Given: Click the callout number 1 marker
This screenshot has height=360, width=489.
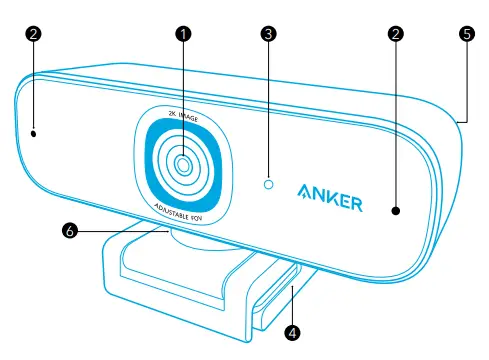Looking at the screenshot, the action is point(183,33).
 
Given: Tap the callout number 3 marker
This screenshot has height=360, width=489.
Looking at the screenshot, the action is point(267,33).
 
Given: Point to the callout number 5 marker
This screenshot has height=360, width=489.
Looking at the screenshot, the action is point(466,33).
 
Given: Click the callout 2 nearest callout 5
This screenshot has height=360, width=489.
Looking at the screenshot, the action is point(397,33).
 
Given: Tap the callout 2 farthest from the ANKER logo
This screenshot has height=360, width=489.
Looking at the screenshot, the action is point(33,33).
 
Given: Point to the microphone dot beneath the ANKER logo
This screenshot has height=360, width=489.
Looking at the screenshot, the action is point(396,211).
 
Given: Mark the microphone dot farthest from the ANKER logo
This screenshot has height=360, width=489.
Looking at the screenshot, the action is point(34,130).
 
